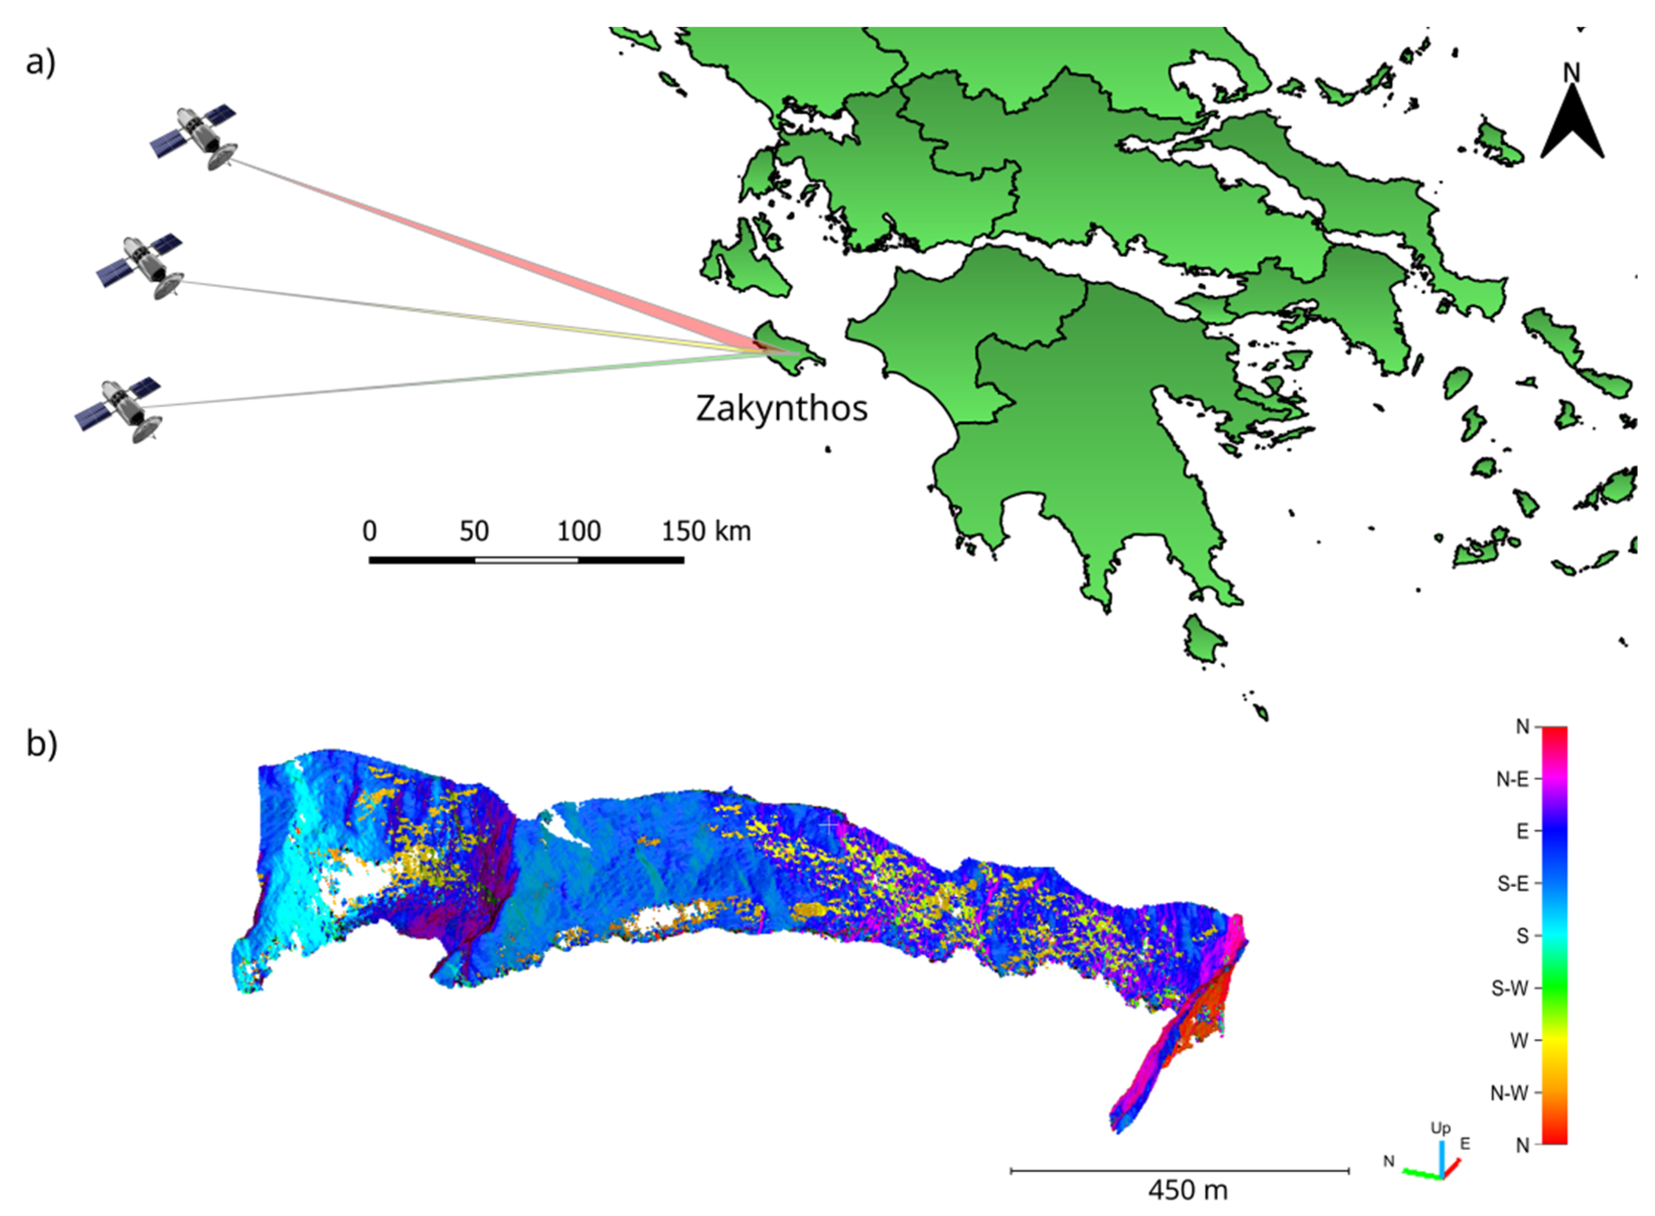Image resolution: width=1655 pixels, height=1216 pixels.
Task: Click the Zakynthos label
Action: (x=782, y=408)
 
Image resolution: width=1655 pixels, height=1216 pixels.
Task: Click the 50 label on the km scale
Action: (x=474, y=531)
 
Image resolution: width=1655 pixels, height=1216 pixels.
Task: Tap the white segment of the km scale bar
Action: (x=526, y=560)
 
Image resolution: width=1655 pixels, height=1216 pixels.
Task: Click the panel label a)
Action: (x=40, y=62)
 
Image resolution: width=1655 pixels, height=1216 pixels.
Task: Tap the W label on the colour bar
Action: (x=1519, y=1041)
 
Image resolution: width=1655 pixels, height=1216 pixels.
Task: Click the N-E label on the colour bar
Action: (x=1512, y=779)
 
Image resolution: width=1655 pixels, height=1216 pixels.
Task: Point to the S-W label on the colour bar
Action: (x=1510, y=988)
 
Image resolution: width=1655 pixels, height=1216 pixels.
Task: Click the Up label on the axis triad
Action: (x=1440, y=1128)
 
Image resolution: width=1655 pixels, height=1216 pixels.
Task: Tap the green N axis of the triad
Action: (x=1420, y=1173)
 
